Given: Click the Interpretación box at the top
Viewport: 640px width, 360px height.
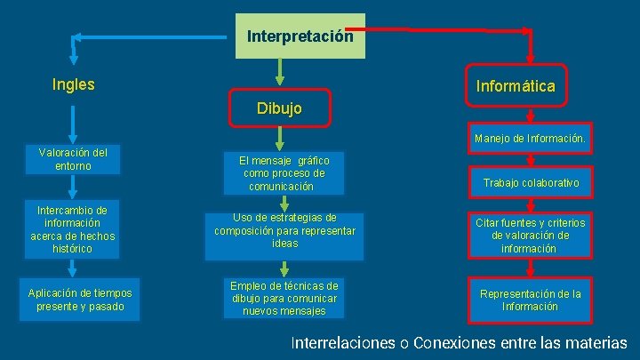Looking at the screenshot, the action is pos(300,36).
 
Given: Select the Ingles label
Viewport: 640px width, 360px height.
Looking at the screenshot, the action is pos(74,85).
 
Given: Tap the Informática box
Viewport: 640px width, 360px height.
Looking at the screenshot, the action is pos(516,86).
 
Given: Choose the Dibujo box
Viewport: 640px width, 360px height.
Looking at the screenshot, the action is pos(279,108).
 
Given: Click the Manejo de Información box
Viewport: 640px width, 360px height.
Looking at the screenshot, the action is pos(530,139).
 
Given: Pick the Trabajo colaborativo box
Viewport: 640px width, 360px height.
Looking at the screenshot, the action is pos(531,182).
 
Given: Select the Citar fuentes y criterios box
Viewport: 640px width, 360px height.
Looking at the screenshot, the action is pos(530,236).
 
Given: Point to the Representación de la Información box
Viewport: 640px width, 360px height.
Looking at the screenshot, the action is pos(530,300).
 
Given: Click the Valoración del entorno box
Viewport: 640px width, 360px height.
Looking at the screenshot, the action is pos(73,159).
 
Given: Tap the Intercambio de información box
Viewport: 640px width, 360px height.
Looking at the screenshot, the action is pos(73,229).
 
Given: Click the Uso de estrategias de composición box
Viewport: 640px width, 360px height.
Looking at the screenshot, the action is pos(284,230).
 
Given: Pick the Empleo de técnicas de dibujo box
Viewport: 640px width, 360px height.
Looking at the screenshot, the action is pos(284,299).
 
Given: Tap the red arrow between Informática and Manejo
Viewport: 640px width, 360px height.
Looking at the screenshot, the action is pos(530,113).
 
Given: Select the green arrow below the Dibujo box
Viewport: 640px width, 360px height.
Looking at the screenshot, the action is pos(280,138).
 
